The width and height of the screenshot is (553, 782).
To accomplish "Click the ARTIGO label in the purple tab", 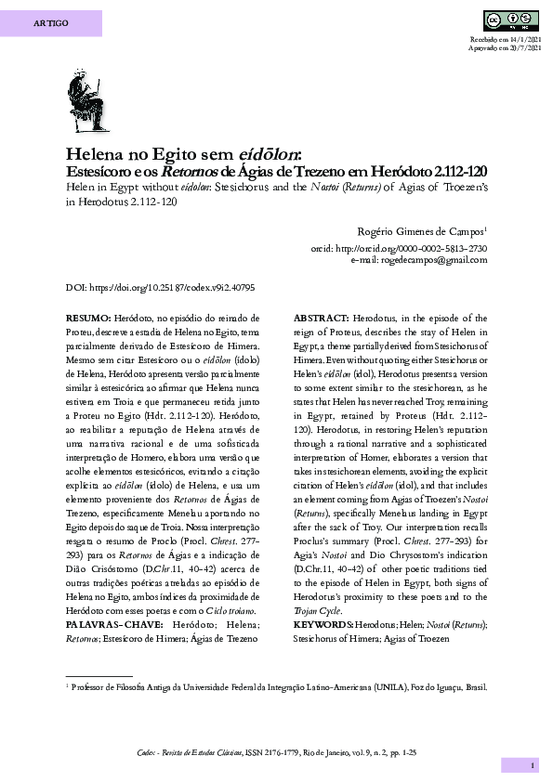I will [50, 22].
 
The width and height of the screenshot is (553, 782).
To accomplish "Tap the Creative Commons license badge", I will [511, 20].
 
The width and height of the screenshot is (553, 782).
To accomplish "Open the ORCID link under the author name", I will [400, 249].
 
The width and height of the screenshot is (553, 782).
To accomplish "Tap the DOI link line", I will [160, 288].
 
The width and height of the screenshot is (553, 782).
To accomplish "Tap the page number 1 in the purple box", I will [533, 764].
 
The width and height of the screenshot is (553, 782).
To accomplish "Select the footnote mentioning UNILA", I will [276, 688].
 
